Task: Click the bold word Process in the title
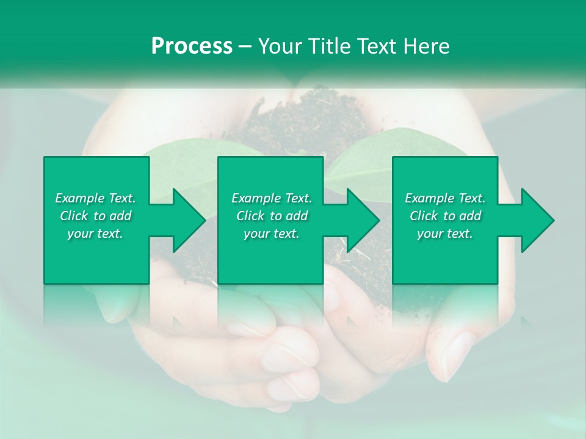point(192,46)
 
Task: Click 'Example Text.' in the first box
point(95,198)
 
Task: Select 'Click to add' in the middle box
point(272,216)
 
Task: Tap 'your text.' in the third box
point(444,234)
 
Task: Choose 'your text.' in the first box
point(95,234)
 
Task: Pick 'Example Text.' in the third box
point(444,198)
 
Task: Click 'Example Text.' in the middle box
point(272,198)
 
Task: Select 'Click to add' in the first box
point(95,216)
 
